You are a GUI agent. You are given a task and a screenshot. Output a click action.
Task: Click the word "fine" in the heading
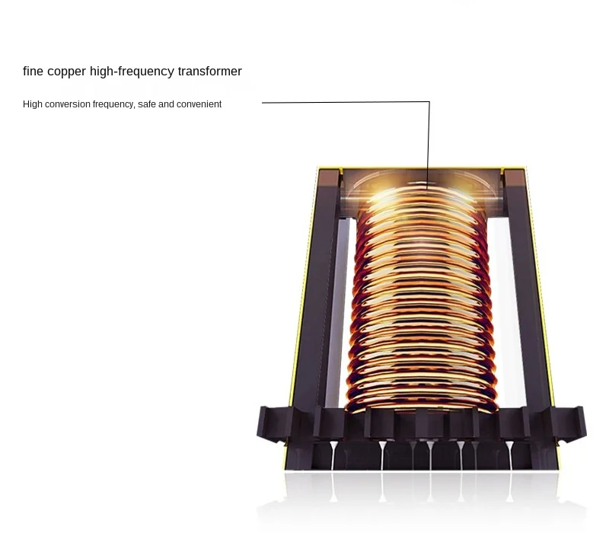tap(33, 72)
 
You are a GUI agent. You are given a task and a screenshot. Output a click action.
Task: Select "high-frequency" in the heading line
tap(132, 72)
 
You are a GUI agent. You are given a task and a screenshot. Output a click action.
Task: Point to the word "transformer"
tap(209, 72)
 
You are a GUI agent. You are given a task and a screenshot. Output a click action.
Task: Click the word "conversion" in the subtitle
tap(68, 104)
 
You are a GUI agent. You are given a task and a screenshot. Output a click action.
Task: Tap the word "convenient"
tap(199, 104)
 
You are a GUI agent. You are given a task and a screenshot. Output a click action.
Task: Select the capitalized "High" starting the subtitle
tap(32, 104)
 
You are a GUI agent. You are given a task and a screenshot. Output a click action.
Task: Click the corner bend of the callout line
tap(429, 102)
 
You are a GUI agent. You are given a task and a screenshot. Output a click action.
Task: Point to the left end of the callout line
tap(263, 102)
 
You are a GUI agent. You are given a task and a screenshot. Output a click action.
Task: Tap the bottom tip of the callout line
tap(428, 187)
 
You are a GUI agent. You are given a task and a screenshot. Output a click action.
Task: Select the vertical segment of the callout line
tap(429, 145)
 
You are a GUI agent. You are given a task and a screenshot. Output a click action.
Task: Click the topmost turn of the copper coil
tap(424, 197)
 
